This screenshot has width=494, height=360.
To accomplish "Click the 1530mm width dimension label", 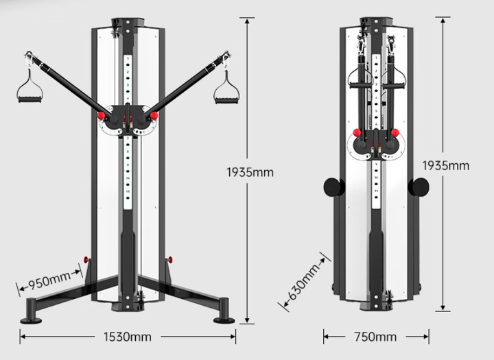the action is tap(128, 337).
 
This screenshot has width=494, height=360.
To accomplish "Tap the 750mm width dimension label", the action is tap(375, 337).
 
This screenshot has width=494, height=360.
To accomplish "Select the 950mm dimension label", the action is tap(49, 279).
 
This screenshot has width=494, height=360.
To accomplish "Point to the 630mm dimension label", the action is tap(304, 282).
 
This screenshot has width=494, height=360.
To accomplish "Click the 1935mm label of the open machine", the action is tap(250, 172).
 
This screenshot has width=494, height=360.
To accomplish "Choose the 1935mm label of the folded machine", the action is tap(445, 166).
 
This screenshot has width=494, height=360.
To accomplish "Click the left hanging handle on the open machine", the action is tap(30, 88).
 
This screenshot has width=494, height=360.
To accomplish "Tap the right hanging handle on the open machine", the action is tap(226, 89).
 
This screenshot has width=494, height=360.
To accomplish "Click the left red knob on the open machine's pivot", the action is tap(101, 116).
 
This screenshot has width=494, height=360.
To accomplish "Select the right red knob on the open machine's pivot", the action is tap(154, 116).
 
